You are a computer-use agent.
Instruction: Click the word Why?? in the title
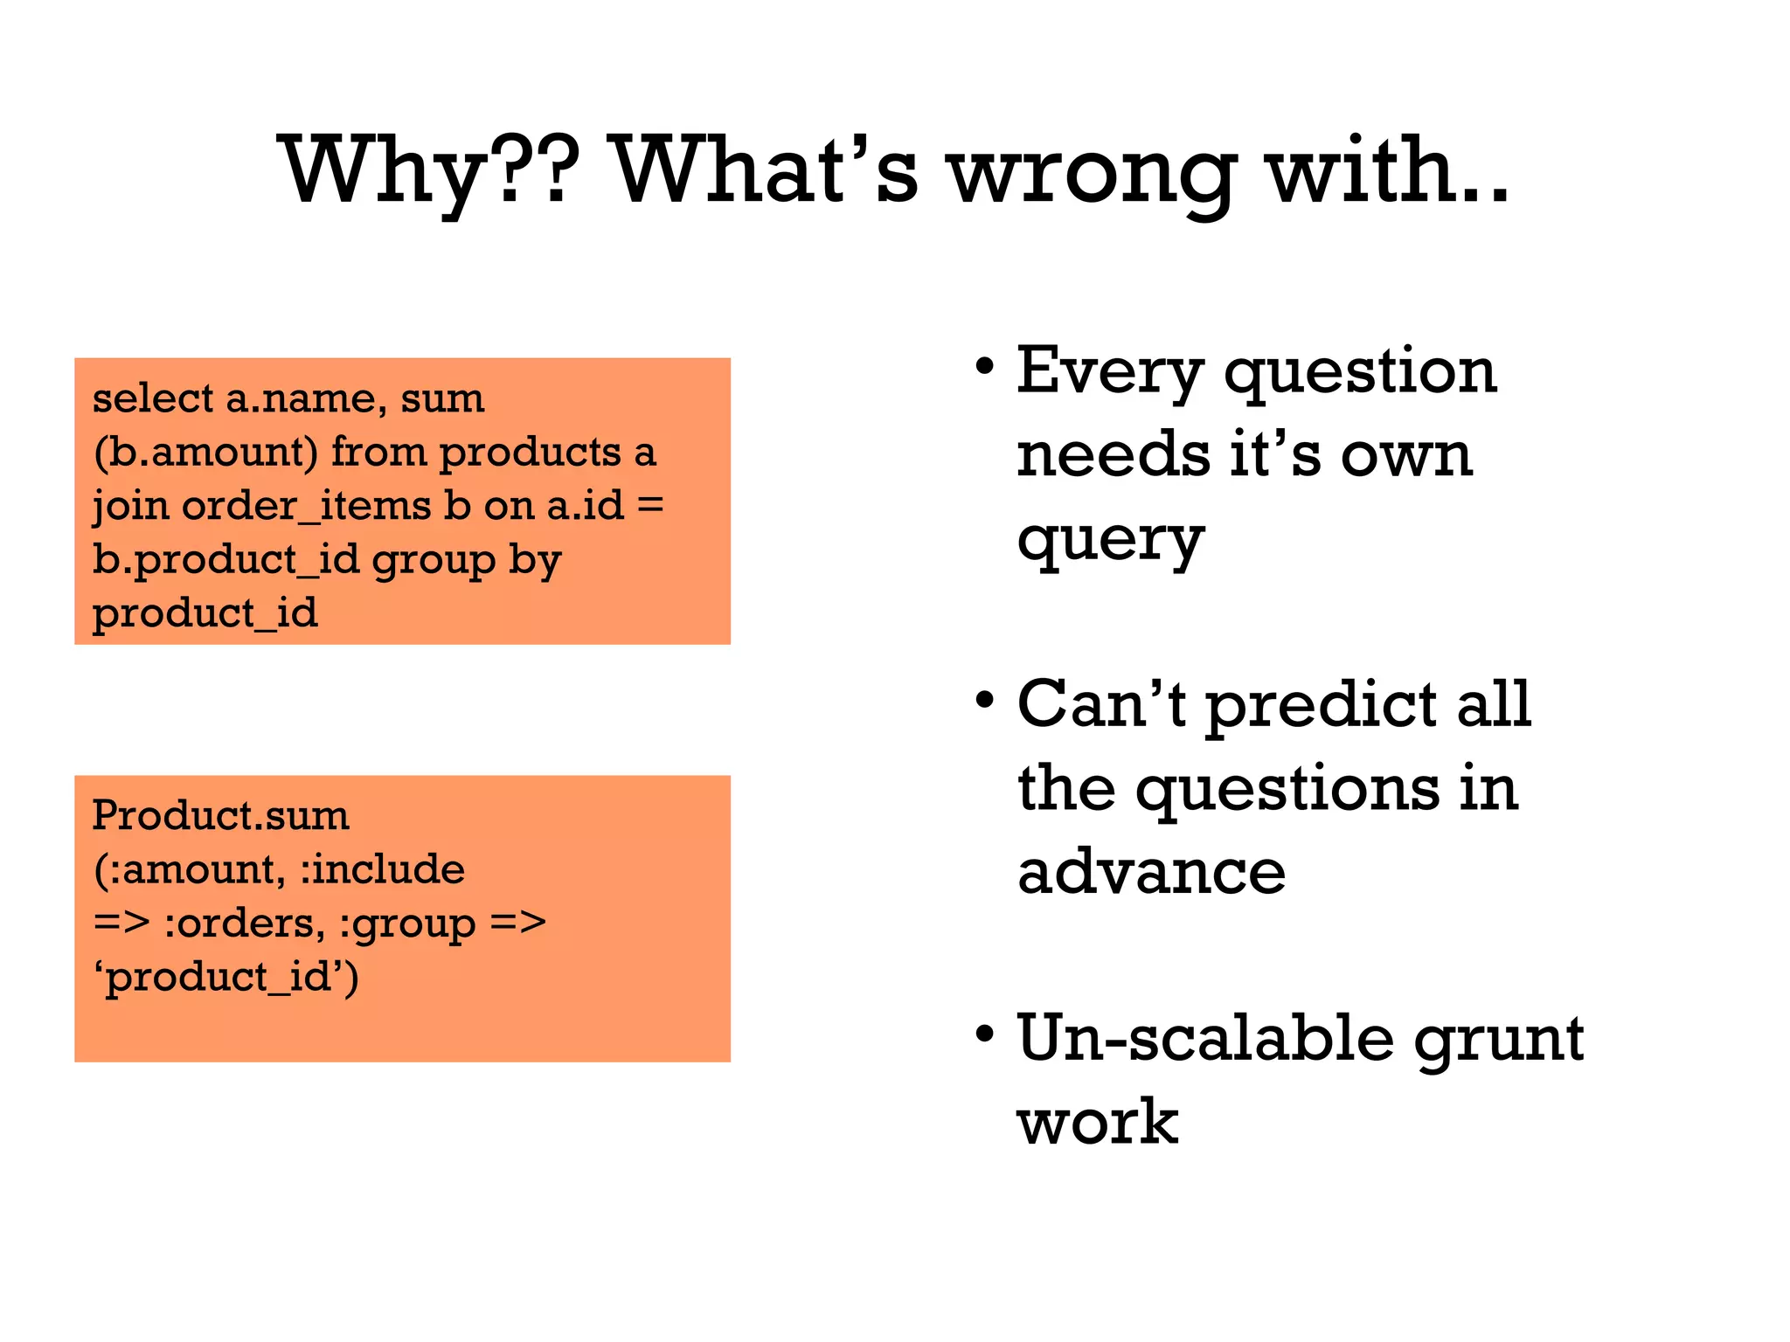[x=428, y=170]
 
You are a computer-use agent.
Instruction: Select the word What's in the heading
[x=765, y=170]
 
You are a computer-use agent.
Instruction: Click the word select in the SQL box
[x=153, y=398]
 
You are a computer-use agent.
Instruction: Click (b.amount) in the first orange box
[x=205, y=453]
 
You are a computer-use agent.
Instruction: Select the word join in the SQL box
[x=130, y=506]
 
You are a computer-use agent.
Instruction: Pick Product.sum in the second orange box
[x=220, y=816]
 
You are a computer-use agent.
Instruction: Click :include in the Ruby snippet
[x=382, y=869]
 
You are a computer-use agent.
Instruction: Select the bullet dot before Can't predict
[x=985, y=701]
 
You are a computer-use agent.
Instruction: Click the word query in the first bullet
[x=1110, y=542]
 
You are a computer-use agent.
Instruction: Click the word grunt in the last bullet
[x=1498, y=1040]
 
